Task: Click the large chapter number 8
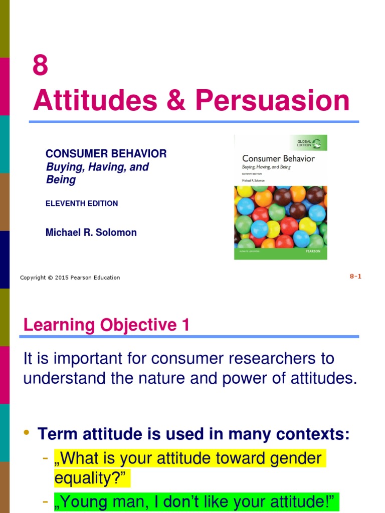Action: tap(41, 66)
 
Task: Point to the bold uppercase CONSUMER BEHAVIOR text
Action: tap(106, 154)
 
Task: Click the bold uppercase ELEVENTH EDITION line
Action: tap(82, 203)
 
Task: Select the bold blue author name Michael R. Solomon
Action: tap(91, 232)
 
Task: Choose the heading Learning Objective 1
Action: tap(106, 326)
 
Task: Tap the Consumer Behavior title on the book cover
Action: tap(278, 158)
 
